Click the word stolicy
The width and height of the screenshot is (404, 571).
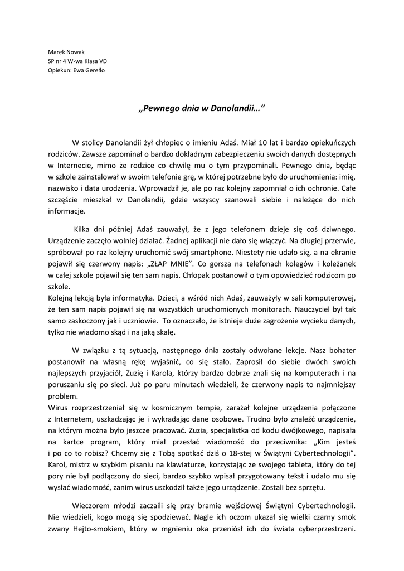(x=99, y=142)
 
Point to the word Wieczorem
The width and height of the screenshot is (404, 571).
(x=94, y=505)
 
